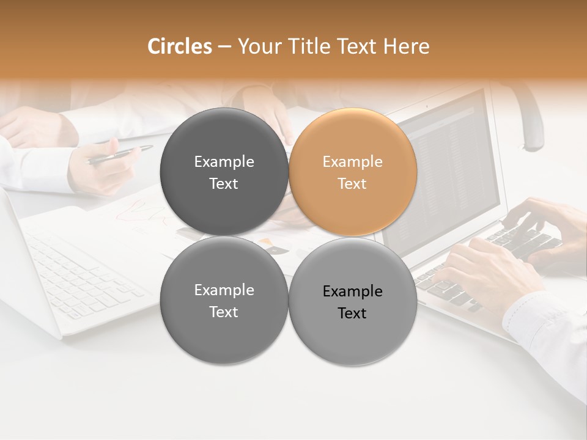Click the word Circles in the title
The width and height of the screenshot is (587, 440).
coord(179,46)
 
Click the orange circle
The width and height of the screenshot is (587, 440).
coord(353,172)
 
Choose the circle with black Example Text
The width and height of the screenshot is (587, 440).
coord(353,302)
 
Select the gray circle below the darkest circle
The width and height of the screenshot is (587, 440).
coord(224,301)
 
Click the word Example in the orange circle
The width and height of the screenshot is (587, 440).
coord(352,162)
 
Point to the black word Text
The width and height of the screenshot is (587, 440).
coord(352,313)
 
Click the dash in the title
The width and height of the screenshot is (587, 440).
coord(224,47)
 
